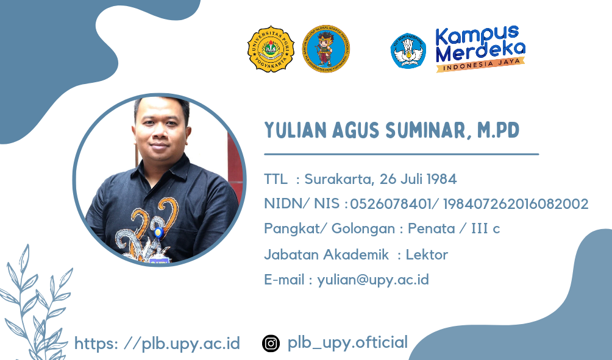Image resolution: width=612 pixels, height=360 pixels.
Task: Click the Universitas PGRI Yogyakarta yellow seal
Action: [x=271, y=49]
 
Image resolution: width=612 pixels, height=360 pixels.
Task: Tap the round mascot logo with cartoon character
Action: [x=326, y=49]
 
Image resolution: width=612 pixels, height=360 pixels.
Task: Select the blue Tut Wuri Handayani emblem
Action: [x=408, y=51]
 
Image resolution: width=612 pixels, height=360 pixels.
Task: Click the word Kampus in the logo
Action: [x=477, y=36]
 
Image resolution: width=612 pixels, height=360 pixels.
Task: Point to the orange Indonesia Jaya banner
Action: [x=480, y=65]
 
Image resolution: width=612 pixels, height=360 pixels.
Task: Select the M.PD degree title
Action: [x=499, y=130]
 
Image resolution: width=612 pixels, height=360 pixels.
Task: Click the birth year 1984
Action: [x=441, y=179]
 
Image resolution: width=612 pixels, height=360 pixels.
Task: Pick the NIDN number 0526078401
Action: [x=391, y=203]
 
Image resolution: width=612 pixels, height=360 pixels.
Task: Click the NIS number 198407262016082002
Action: [x=516, y=203]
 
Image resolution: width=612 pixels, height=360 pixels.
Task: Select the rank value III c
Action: [x=486, y=228]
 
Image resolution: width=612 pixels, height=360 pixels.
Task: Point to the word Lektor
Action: [x=427, y=255]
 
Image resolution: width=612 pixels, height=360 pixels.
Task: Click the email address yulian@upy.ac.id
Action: [x=372, y=280]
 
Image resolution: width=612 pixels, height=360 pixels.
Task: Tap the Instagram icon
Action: [x=271, y=344]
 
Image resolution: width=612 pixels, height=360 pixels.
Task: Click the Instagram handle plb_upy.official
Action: [x=347, y=342]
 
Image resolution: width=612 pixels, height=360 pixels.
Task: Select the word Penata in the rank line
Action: [x=432, y=228]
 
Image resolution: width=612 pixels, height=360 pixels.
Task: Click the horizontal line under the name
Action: [x=401, y=155]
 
